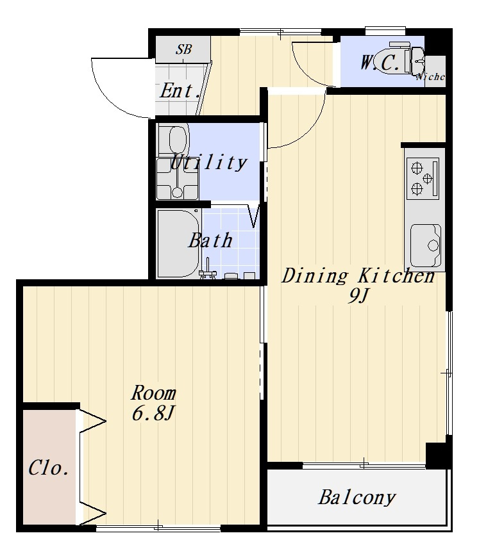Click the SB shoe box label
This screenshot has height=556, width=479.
(x=183, y=49)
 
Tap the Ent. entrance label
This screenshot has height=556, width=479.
(x=180, y=91)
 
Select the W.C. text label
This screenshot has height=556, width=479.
(x=379, y=63)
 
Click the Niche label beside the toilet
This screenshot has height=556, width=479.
(x=430, y=76)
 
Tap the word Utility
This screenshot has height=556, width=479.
(x=208, y=163)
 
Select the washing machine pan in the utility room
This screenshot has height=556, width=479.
(x=177, y=179)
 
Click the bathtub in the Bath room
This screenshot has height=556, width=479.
(x=178, y=243)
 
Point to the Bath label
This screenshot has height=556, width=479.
(x=210, y=240)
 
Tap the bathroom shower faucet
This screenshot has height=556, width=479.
(x=207, y=270)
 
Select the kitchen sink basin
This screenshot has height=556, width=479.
(x=426, y=245)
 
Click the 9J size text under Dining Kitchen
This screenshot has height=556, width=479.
(x=358, y=295)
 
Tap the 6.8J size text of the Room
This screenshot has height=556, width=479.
(x=153, y=413)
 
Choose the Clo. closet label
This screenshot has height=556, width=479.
(x=49, y=468)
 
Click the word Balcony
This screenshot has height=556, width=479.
(x=357, y=497)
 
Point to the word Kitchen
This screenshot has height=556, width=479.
(x=396, y=275)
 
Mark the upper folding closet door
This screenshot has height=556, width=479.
(x=92, y=421)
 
